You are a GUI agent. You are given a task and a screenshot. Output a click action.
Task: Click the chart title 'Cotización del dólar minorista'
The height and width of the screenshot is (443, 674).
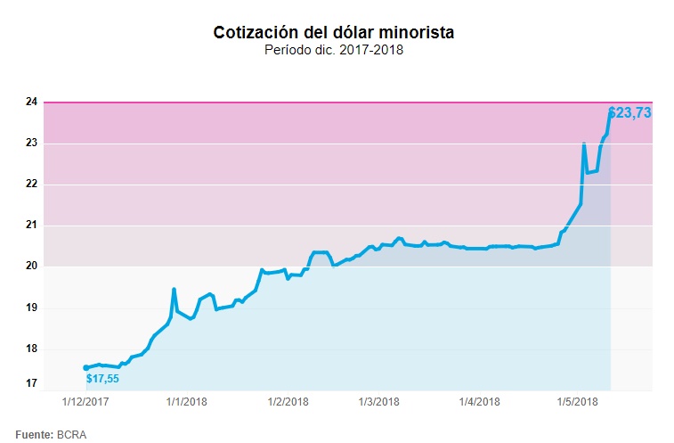[x=334, y=32]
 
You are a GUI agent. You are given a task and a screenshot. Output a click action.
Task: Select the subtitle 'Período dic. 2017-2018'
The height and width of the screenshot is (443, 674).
[x=334, y=50]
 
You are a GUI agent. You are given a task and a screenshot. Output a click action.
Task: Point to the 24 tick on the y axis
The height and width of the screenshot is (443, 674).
[x=31, y=103]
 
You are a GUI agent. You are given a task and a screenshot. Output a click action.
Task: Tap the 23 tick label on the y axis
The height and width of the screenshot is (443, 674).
[x=31, y=144]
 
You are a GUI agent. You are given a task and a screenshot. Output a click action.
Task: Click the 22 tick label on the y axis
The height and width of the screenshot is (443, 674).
[x=31, y=185]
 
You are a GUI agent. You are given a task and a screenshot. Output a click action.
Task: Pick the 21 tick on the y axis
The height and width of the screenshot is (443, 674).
[x=31, y=226]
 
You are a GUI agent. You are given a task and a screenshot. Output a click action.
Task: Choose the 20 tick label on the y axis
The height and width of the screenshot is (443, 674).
[x=31, y=267]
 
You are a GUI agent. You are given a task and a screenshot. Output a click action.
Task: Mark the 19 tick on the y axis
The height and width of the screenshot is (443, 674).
[x=31, y=308]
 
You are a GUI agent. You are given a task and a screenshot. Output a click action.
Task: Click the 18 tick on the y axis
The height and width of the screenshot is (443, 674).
[x=31, y=349]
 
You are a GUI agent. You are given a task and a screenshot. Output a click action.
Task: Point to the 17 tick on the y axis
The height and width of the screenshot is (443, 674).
[x=31, y=384]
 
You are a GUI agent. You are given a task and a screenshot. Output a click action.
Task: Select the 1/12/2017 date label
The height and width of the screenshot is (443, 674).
[x=86, y=402]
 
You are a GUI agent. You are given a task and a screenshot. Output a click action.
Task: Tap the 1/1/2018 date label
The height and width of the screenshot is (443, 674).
[x=186, y=402]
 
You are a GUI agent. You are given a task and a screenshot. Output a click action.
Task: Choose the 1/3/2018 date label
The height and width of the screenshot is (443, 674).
[x=380, y=402]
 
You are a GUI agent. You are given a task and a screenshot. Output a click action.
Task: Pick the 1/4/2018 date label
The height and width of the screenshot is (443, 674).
[x=480, y=402]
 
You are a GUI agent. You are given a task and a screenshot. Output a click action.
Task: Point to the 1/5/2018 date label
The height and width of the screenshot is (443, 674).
[x=577, y=402]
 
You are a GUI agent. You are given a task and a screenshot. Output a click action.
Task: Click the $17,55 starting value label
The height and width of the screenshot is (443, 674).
[x=102, y=379]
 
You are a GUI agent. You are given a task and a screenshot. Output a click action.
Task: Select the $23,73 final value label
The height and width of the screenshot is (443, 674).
[x=629, y=113]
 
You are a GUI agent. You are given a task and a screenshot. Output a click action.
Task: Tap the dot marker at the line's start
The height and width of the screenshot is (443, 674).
[x=85, y=367]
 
